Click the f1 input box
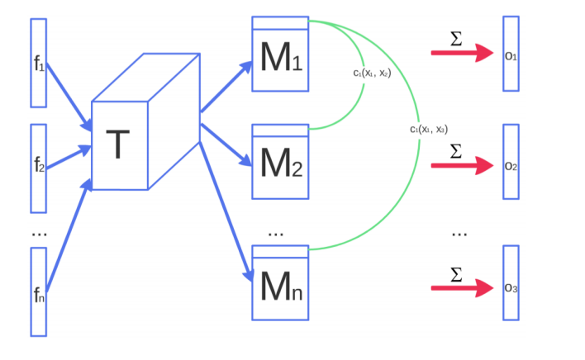[38, 63]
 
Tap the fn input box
[38, 291]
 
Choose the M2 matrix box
[279, 161]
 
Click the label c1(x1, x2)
[371, 73]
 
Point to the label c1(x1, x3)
[429, 129]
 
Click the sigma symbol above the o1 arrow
[456, 37]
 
